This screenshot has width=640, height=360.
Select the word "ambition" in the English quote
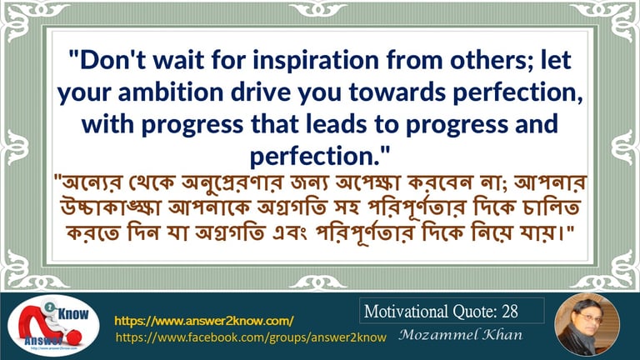(x=171, y=92)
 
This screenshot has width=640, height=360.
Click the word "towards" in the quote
(x=397, y=92)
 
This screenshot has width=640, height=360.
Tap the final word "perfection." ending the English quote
(x=320, y=157)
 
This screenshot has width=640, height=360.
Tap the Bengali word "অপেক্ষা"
(x=366, y=182)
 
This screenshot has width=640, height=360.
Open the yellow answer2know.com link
(x=204, y=321)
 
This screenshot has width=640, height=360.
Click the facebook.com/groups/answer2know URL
(x=251, y=337)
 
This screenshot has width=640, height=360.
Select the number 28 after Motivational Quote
(x=510, y=312)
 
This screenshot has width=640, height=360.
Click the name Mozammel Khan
(x=460, y=335)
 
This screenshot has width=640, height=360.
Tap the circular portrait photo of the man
(x=587, y=325)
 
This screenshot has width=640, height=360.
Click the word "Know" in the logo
(x=73, y=314)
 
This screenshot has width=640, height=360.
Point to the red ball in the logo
(x=75, y=337)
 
